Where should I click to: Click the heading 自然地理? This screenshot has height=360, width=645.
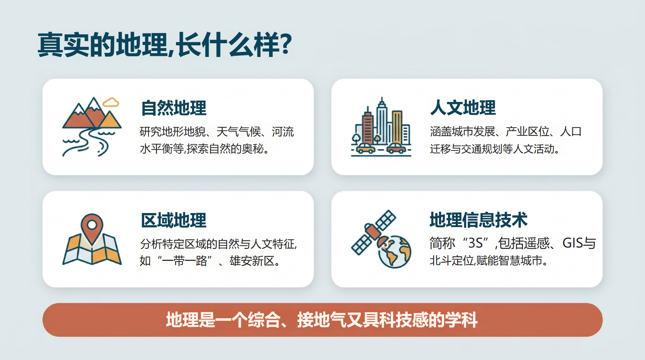174,108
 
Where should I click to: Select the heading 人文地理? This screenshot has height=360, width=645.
463,108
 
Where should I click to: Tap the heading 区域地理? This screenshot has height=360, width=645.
174,220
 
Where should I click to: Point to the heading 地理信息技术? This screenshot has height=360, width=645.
479,220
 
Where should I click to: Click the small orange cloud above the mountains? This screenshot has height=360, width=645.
111,102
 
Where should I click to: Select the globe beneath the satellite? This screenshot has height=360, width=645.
395,252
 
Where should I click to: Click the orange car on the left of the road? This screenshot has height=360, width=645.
366,148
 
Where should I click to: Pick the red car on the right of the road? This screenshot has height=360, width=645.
396,148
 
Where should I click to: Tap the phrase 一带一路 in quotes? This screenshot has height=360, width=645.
185,261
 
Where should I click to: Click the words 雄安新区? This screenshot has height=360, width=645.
252,261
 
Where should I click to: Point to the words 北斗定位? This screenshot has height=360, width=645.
452,261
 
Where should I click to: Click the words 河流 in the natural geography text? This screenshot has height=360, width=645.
283,132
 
